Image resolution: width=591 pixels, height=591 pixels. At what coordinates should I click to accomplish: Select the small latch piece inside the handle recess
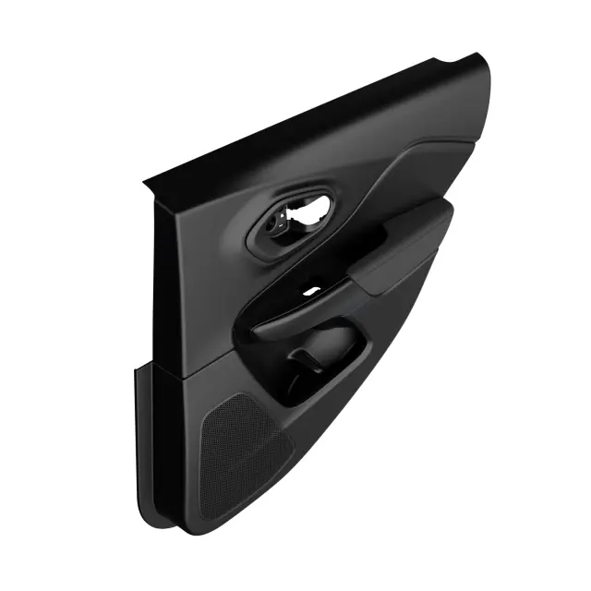click(x=277, y=223)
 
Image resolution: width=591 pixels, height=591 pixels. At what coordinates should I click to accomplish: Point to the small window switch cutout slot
click(x=311, y=291)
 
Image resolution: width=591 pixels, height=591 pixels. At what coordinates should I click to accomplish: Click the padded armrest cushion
click(x=402, y=245)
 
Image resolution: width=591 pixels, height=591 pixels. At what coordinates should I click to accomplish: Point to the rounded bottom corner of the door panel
click(x=189, y=528)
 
